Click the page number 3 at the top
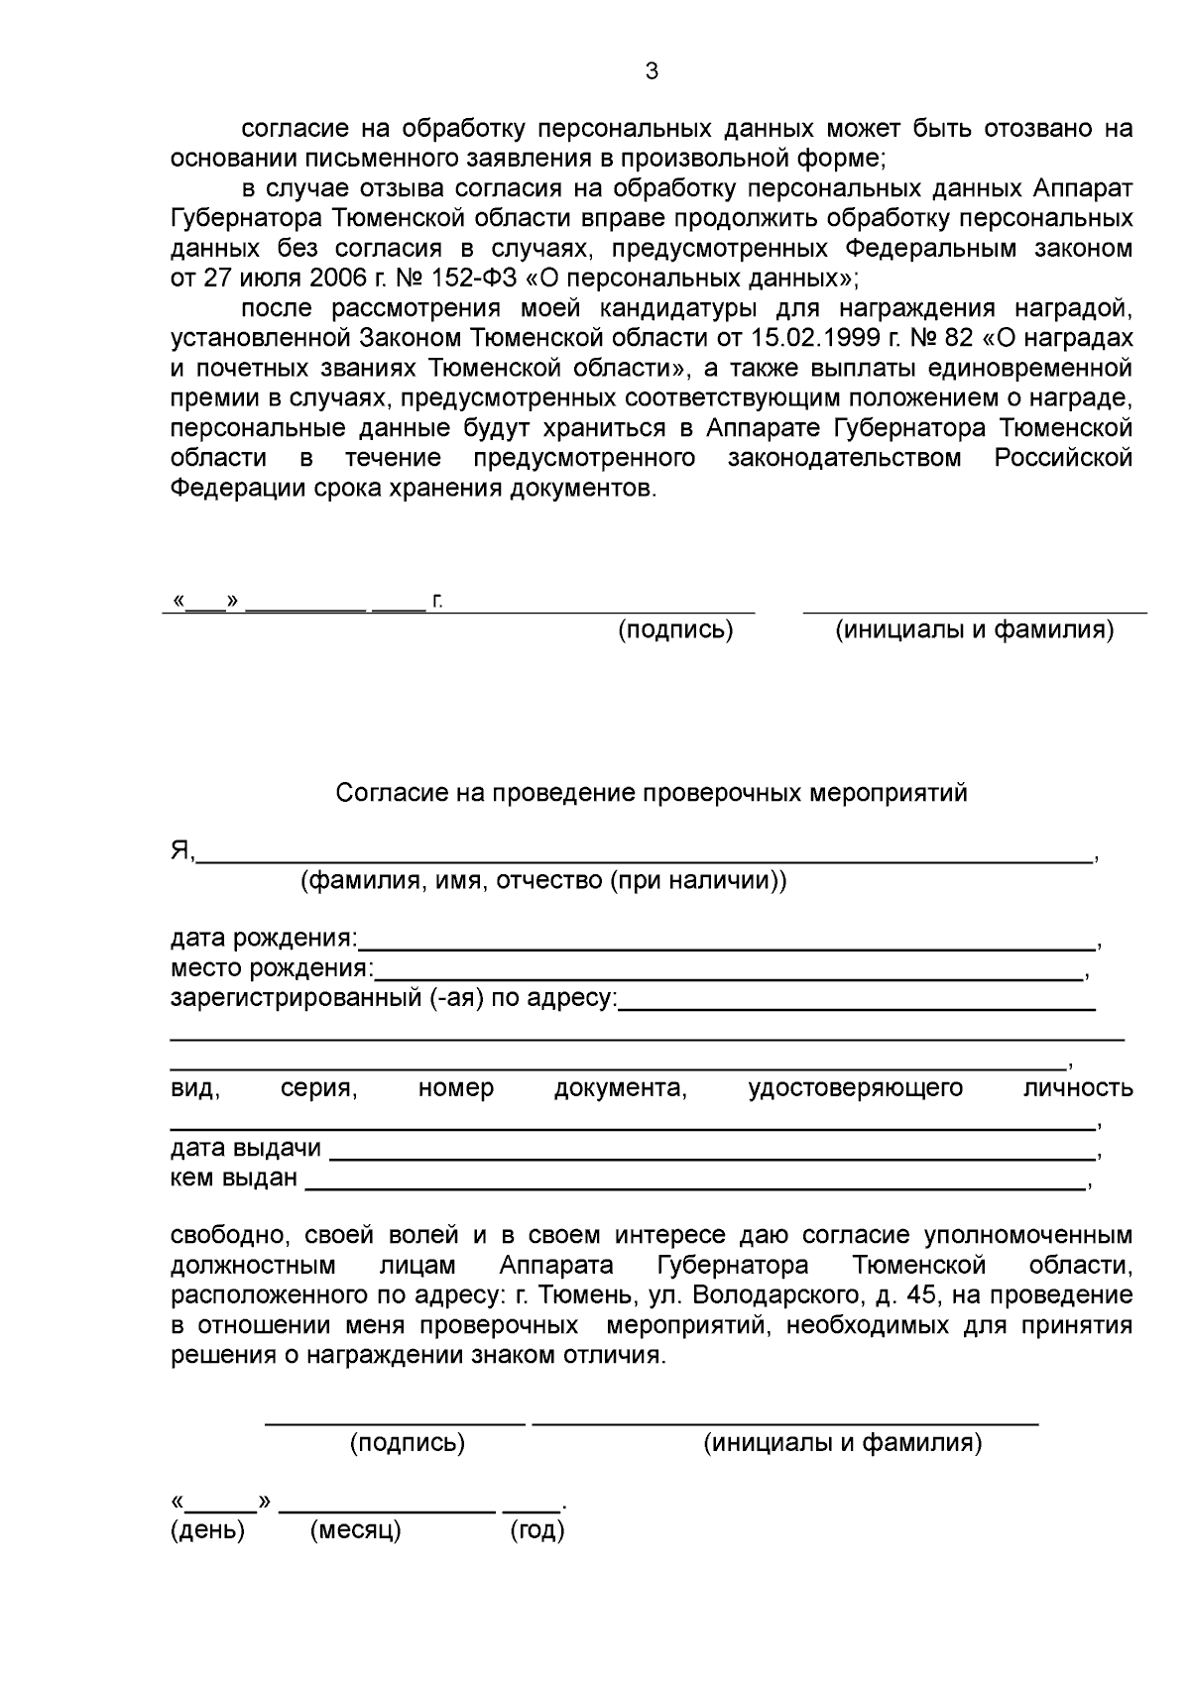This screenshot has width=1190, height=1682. [651, 71]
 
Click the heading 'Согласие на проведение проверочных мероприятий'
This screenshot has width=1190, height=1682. [652, 793]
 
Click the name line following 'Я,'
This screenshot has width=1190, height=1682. [645, 862]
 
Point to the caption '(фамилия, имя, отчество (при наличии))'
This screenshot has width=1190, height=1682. [543, 880]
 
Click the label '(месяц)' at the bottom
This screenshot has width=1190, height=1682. [355, 1530]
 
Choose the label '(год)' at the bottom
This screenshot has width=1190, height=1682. [537, 1530]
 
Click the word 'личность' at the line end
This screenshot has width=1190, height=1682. [1078, 1088]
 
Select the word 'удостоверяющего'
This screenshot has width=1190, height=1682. [856, 1088]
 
